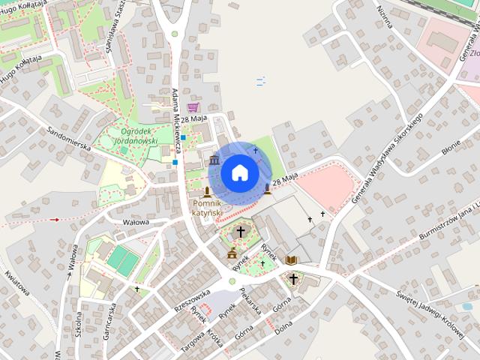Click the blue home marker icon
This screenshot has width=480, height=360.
pos(239,172)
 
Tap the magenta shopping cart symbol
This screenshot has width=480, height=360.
pos(193,107)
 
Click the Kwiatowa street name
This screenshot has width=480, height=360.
pos(16,283)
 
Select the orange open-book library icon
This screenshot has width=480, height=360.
pos(291,259)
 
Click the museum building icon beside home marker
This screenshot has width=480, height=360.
pos(214,161)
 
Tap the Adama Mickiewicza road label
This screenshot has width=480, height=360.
pos(177,115)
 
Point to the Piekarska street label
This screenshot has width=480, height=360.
pos(251,300)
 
